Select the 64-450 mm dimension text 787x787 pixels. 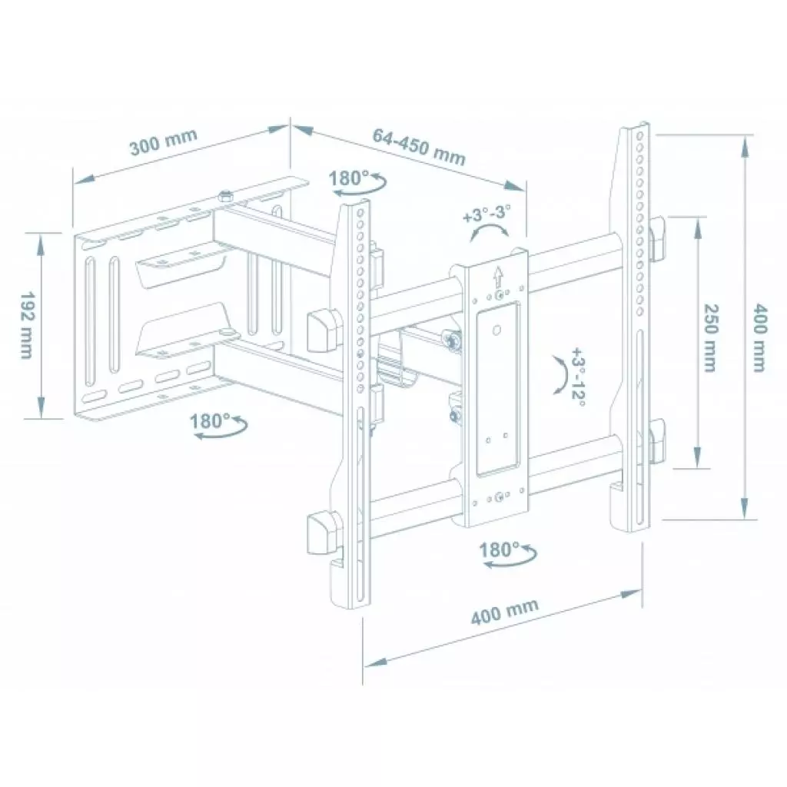tap(419, 146)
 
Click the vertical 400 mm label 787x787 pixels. tap(759, 337)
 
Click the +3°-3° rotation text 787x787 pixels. tap(487, 213)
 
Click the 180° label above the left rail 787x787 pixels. tap(350, 178)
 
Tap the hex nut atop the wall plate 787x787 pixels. tap(225, 197)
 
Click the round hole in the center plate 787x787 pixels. tap(496, 331)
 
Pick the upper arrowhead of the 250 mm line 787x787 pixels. tap(697, 224)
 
